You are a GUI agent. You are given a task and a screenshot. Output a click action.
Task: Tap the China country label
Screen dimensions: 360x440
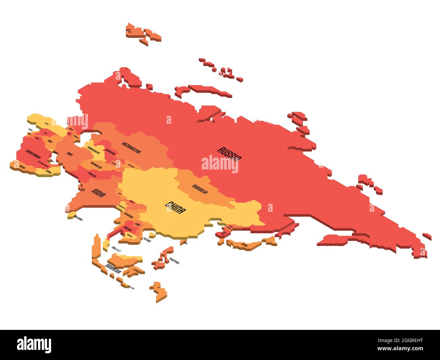pos(175,207)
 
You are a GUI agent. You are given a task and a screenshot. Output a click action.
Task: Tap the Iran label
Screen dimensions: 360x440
pos(70,154)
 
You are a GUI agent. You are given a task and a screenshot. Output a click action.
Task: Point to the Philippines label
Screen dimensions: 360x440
pos(175,261)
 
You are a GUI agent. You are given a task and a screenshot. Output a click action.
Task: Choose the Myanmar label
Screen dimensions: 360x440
pos(129,216)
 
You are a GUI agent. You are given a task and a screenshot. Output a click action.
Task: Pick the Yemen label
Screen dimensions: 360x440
pos(22,167)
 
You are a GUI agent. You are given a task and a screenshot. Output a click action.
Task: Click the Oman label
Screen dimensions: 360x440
pos(49,172)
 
